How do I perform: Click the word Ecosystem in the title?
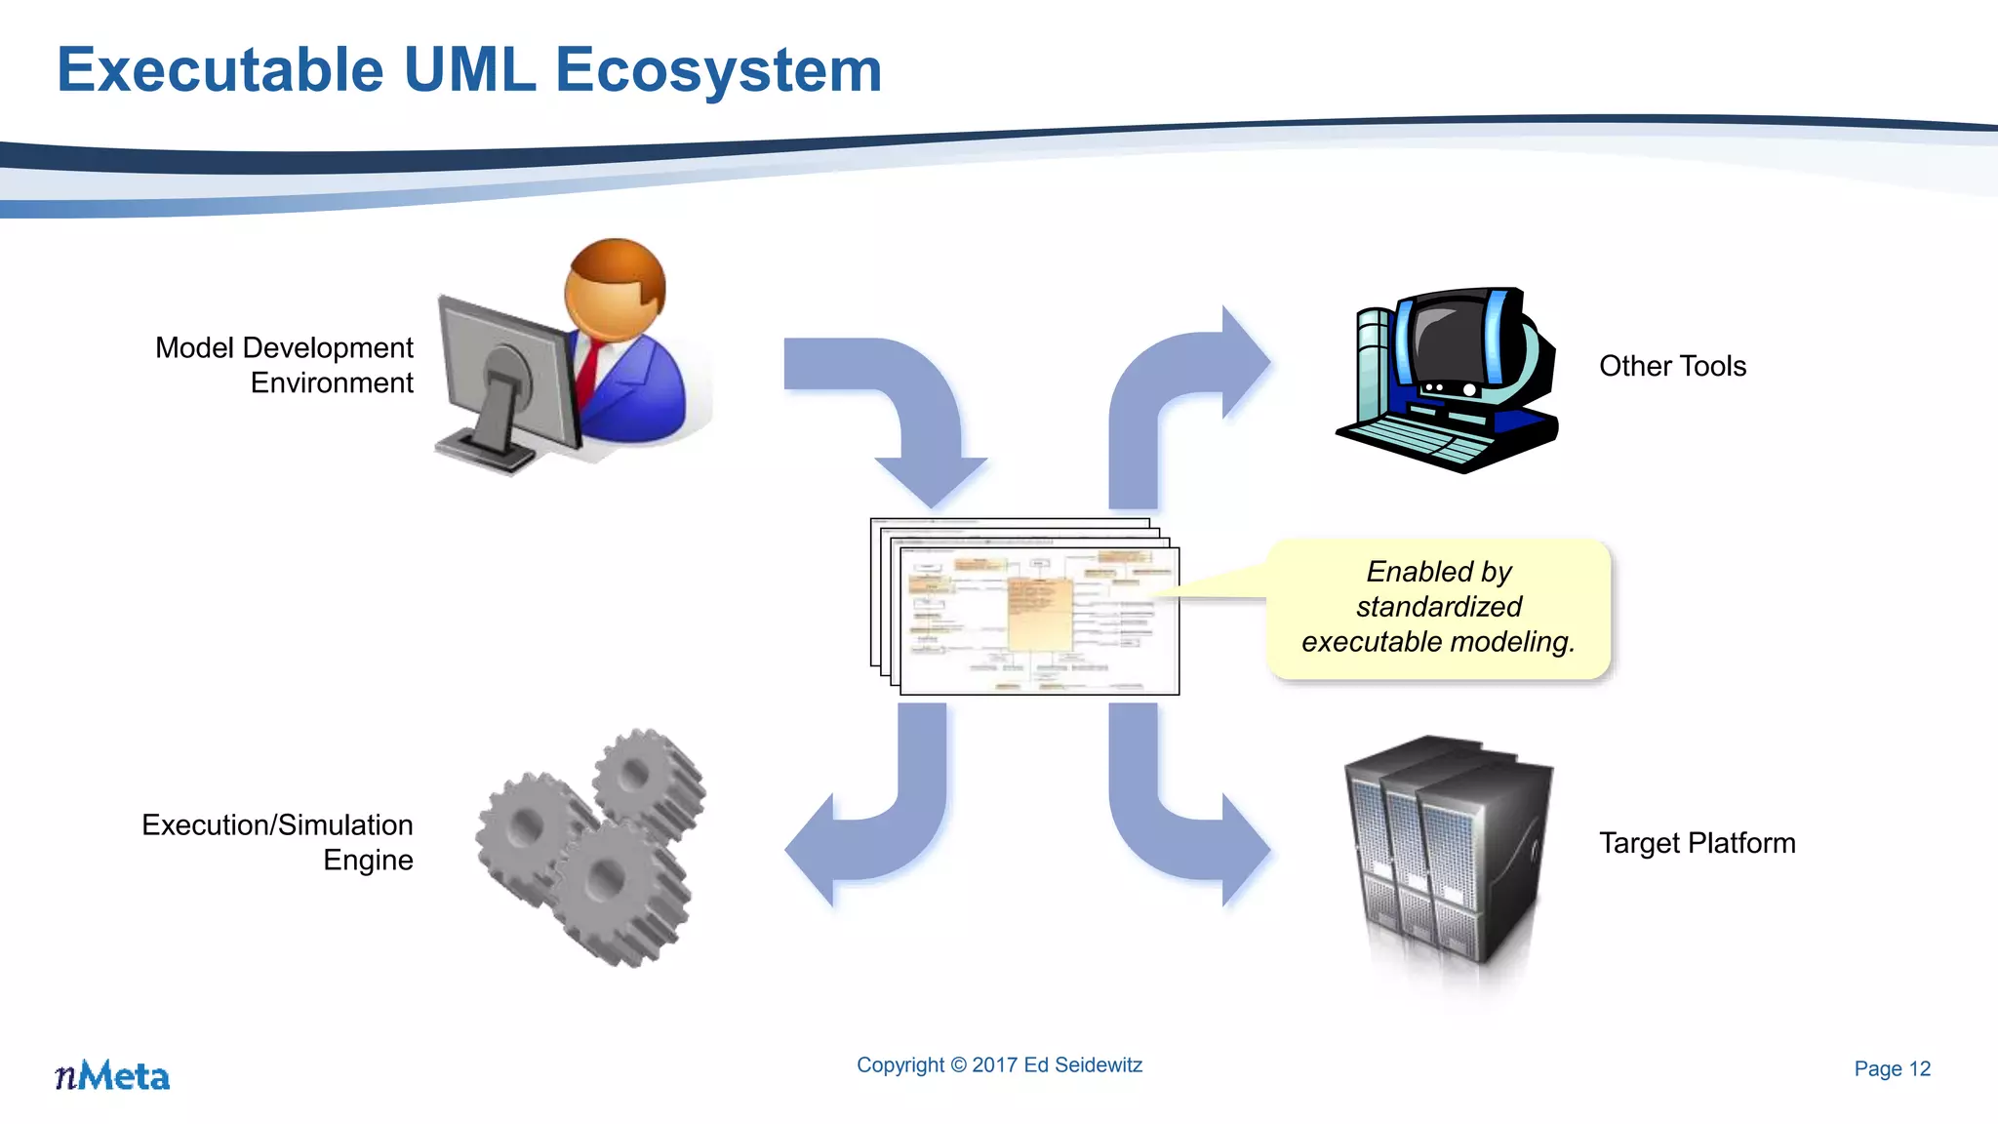pos(718,70)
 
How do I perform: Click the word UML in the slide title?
pos(469,70)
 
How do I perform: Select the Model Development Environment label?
pos(284,365)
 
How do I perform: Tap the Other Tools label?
pos(1672,366)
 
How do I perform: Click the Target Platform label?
pos(1697,843)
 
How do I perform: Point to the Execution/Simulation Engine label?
pos(278,842)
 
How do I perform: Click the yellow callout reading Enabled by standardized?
pos(1438,608)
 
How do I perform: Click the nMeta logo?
pos(112,1076)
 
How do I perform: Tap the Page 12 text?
pos(1892,1069)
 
